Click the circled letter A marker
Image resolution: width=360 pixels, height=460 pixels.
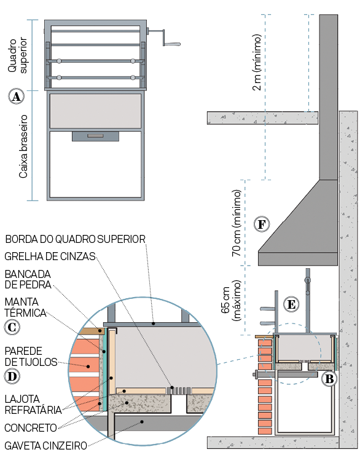16,96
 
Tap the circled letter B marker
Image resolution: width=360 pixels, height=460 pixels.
329,379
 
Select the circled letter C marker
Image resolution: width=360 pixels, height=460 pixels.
12,327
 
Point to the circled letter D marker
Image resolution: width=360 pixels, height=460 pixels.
12,376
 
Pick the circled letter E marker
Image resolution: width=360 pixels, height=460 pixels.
291,304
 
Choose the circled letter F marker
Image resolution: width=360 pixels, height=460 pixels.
262,224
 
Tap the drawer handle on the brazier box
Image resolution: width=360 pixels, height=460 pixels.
95,136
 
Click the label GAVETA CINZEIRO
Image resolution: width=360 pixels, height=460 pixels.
45,446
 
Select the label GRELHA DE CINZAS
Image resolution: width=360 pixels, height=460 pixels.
50,256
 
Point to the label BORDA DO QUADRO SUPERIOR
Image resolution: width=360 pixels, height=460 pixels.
76,239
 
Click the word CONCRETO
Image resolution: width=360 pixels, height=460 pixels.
31,428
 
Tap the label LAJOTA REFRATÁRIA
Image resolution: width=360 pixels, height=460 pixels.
33,405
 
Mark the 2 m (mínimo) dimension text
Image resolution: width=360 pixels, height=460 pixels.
257,63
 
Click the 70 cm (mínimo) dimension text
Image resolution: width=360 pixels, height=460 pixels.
237,223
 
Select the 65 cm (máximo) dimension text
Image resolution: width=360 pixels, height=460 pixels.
231,300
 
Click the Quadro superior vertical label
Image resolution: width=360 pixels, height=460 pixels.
17,55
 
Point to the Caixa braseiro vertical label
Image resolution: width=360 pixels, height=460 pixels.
23,146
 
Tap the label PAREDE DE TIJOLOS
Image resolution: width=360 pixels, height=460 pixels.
31,357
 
